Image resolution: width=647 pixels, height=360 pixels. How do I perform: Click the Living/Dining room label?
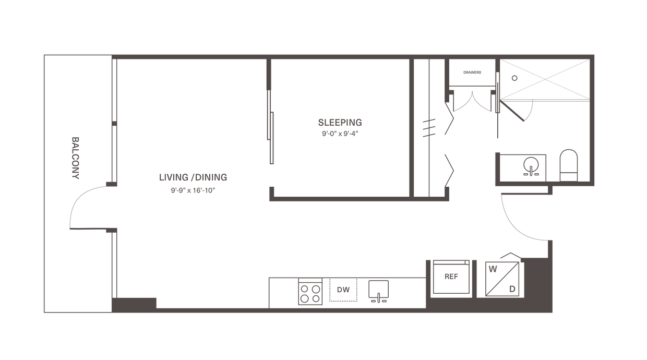coord(193,177)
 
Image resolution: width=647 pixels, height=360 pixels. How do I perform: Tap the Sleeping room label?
coord(340,123)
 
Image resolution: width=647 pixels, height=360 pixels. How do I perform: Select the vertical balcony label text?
coord(76,158)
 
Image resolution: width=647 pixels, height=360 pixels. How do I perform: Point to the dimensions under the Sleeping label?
coord(340,134)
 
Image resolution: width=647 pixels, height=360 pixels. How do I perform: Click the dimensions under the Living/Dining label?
coord(193,190)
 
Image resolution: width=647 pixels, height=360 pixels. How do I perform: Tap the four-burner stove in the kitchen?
coord(310,293)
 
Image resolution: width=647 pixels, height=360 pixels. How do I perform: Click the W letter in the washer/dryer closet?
coord(492,270)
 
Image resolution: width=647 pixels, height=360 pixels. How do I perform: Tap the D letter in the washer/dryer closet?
coord(512,288)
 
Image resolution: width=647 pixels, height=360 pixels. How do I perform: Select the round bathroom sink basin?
coord(531,165)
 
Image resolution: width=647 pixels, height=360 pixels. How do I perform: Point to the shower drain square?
coord(514,78)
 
